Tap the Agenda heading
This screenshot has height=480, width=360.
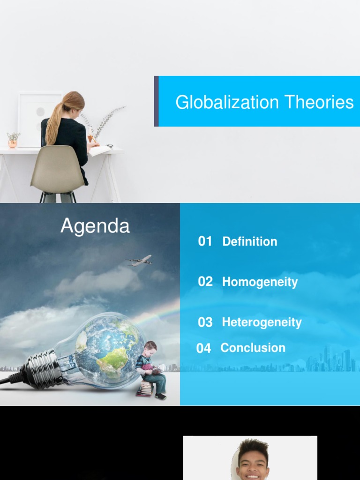(95, 226)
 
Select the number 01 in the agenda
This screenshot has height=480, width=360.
(205, 241)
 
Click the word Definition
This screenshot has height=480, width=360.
(249, 241)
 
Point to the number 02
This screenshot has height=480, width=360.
(205, 282)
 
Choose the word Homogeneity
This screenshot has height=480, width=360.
(260, 282)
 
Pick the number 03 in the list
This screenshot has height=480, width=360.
(205, 322)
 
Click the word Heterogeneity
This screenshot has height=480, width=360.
(262, 322)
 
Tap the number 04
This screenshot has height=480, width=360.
(203, 348)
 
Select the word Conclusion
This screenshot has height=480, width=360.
(253, 348)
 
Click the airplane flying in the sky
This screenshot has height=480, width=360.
(140, 261)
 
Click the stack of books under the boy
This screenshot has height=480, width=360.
(145, 389)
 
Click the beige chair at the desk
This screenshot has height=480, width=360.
(58, 169)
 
